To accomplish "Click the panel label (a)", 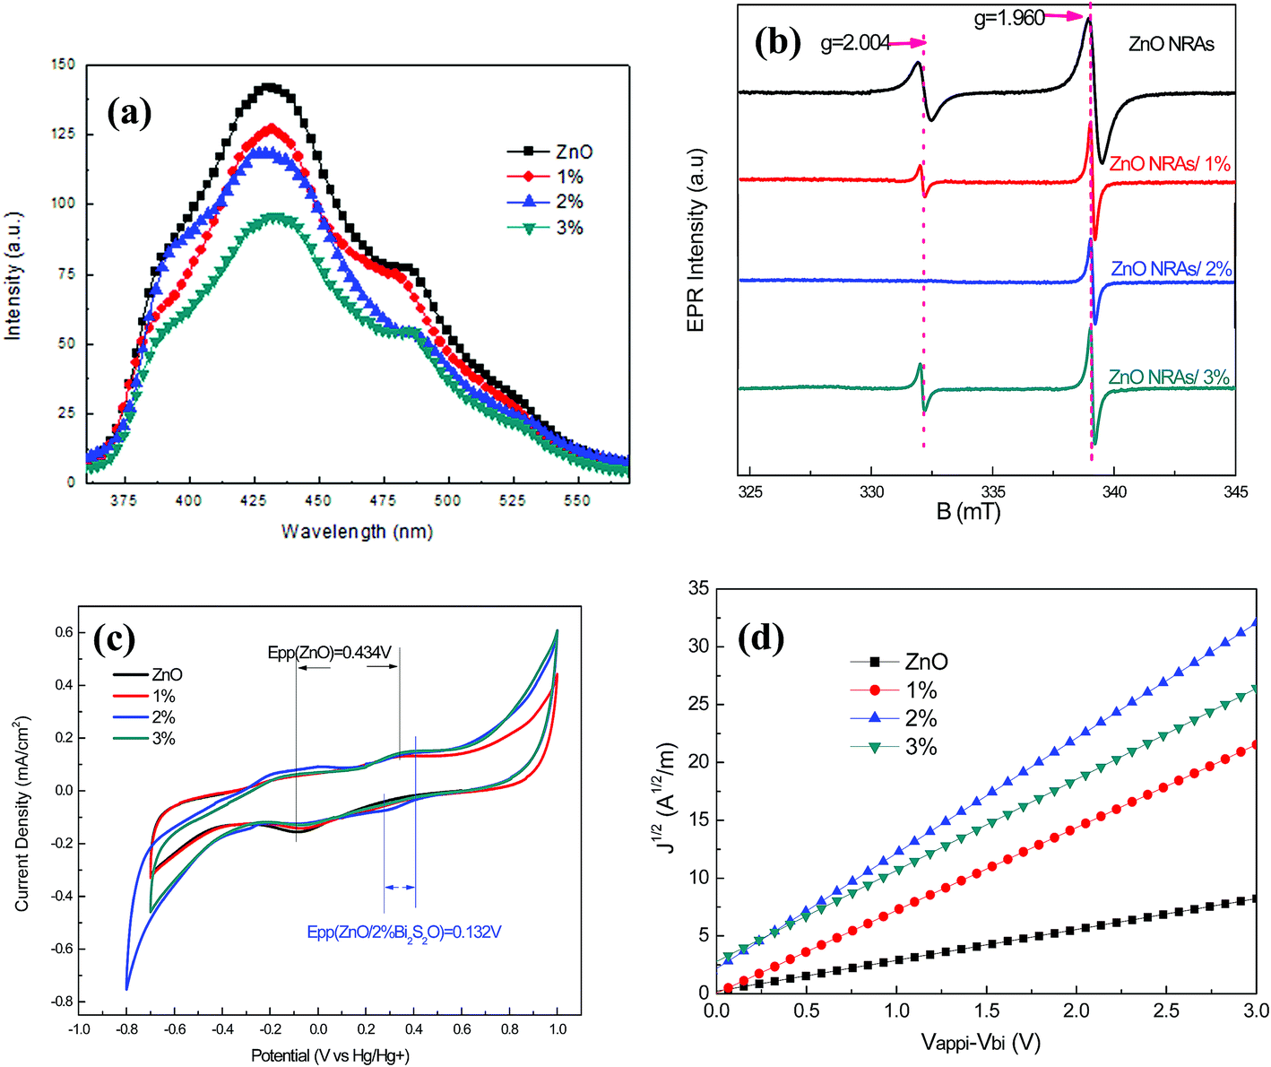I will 129,113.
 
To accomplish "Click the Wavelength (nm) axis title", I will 357,532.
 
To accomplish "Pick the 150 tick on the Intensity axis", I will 64,65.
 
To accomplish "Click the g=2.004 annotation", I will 855,43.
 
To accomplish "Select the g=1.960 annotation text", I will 1009,18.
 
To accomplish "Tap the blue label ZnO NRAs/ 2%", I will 1171,269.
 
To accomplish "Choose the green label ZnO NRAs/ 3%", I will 1169,377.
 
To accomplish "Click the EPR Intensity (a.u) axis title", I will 696,240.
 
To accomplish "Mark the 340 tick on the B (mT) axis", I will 1114,491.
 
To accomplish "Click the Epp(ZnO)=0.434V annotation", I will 330,653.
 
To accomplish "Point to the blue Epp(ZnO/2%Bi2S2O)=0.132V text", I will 404,933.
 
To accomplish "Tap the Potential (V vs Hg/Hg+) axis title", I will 331,1055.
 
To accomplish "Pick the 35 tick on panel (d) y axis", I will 697,588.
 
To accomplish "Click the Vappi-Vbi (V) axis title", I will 981,1042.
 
